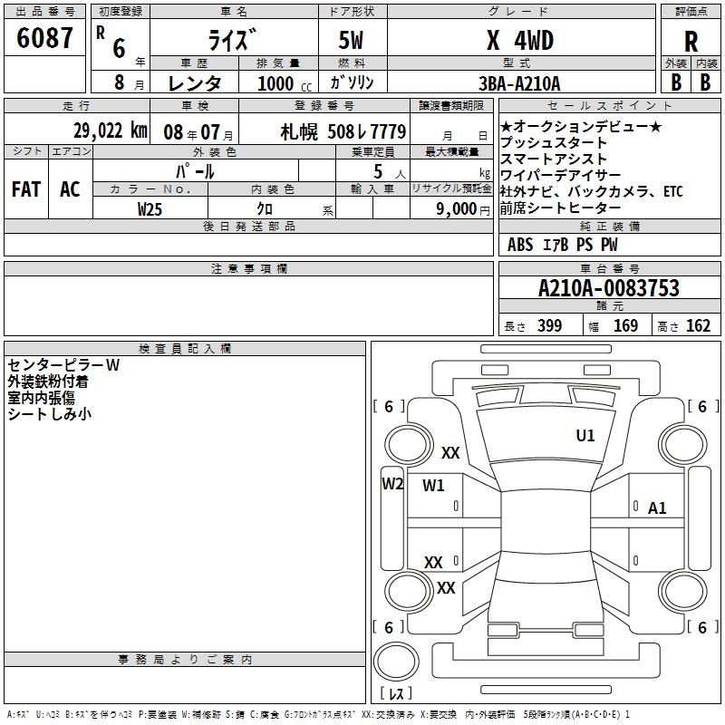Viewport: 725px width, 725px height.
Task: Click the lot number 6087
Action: tap(44, 38)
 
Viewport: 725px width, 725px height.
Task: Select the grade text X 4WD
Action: tap(520, 40)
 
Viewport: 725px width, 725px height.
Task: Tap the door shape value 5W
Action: tap(351, 40)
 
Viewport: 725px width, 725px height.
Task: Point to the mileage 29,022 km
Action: tap(111, 130)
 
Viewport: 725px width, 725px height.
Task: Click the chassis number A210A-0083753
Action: tap(609, 288)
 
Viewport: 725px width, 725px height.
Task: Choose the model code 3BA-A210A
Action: tap(519, 83)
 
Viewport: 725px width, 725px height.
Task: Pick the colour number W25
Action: tap(150, 209)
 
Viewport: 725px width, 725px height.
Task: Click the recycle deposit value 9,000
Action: tap(456, 209)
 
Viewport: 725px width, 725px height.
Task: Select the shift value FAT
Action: tap(26, 189)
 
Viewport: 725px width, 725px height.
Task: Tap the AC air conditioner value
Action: tap(70, 189)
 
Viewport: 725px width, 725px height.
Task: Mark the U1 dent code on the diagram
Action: tap(585, 436)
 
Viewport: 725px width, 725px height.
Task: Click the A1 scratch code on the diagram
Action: tap(656, 508)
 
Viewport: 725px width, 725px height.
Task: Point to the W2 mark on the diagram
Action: tap(392, 484)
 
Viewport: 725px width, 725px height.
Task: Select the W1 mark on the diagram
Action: tap(433, 486)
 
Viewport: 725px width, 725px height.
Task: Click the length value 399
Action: tap(550, 326)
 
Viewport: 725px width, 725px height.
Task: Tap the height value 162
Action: tap(698, 326)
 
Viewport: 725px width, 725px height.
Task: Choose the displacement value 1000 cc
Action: tap(284, 83)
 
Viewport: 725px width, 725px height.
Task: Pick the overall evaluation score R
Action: tap(691, 42)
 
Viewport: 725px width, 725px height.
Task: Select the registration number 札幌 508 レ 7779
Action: tap(343, 131)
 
